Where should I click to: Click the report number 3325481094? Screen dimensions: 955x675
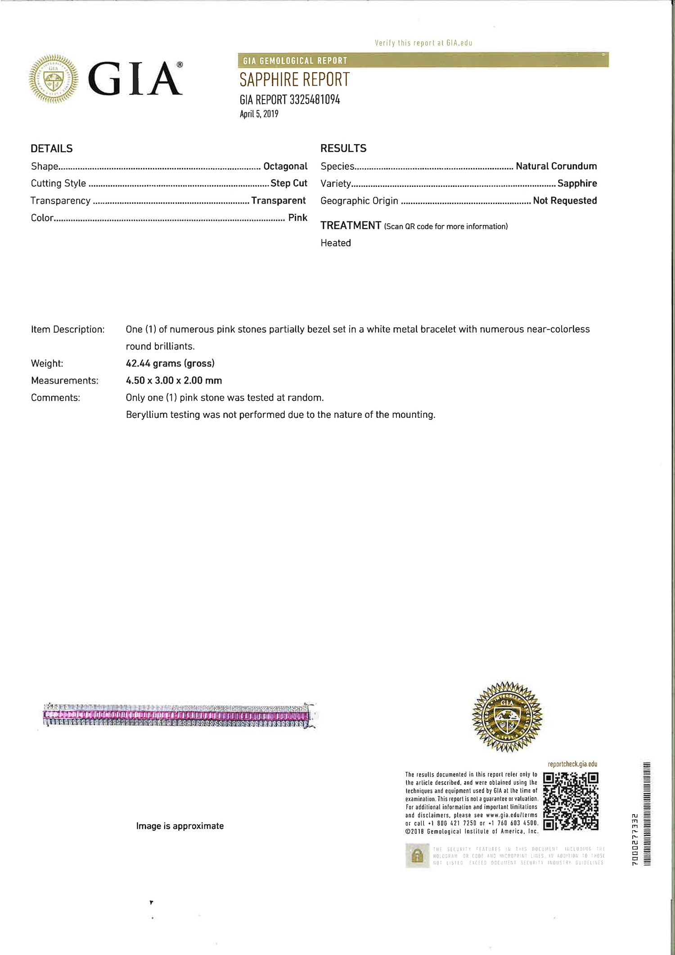coord(315,100)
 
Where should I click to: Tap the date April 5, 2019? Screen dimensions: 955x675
coord(259,114)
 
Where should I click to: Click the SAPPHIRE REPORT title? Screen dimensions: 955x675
coord(294,80)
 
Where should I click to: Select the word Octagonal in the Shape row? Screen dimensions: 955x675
coord(285,166)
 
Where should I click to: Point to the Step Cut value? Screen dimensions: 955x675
coord(289,183)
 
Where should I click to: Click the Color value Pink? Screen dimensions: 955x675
coord(297,218)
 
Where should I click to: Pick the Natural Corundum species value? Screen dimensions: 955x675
coord(556,166)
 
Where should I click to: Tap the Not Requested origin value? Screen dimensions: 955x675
coord(565,201)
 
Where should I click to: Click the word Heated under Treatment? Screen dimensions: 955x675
coord(336,243)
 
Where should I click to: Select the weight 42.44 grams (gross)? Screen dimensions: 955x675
coord(170,363)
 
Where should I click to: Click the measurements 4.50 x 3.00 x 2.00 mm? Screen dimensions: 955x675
coord(174,380)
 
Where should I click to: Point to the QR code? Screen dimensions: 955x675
coord(571,801)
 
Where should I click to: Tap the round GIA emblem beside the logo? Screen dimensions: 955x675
coord(54,79)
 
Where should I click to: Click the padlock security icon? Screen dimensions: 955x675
coord(417,855)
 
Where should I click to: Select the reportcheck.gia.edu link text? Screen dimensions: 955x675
coord(572,764)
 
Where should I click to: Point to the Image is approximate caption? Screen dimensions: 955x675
coord(180,826)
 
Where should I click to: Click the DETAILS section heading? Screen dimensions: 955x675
coord(52,149)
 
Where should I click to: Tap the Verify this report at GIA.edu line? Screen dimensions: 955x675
coord(423,43)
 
